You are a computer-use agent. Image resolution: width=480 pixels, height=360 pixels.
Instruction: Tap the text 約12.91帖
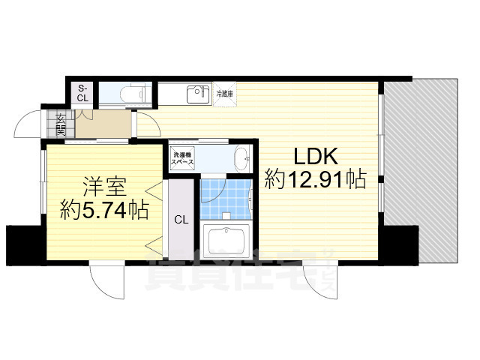point(316,180)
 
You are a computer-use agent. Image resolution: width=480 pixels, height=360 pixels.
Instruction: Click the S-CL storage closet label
point(82,93)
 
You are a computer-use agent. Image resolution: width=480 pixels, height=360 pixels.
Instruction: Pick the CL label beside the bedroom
point(181,220)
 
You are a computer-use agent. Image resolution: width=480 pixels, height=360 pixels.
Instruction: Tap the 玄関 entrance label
point(59,121)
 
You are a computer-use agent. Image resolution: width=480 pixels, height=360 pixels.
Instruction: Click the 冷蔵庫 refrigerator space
point(225,94)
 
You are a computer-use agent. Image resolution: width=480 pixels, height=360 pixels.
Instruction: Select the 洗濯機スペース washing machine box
point(184,157)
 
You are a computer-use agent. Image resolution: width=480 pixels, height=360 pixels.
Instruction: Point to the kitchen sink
point(197,94)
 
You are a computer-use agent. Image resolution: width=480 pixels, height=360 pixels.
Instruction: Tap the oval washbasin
point(241,159)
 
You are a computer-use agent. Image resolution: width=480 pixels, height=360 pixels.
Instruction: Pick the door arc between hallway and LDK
point(146,122)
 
